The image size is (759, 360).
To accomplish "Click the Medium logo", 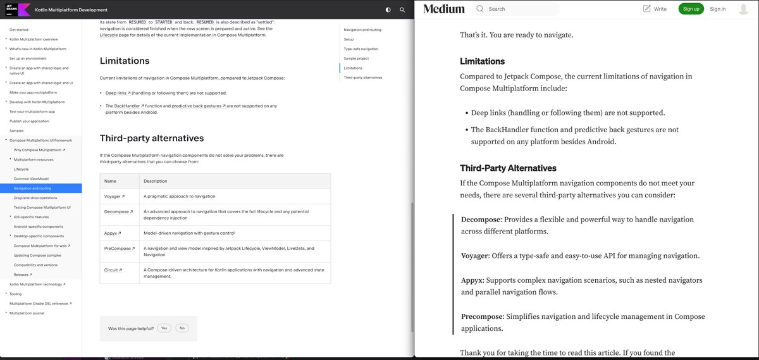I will (443, 9).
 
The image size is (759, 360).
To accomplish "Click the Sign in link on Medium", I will (717, 9).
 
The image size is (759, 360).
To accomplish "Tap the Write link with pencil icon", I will (655, 9).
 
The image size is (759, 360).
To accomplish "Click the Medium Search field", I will (522, 9).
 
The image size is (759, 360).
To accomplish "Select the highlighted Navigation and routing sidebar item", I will (33, 188).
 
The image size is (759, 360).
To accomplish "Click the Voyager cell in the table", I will (114, 196).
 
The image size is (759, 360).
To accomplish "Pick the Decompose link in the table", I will (118, 212).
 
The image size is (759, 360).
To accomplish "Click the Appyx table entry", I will (113, 233).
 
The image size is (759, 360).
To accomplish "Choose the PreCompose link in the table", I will (119, 249).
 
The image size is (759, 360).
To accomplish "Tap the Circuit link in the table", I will (113, 270).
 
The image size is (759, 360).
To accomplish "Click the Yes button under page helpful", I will (164, 328).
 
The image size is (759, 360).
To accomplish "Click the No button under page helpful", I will (182, 328).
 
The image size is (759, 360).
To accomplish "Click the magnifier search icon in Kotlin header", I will (402, 10).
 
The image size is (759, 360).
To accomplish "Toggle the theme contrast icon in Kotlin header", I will (388, 10).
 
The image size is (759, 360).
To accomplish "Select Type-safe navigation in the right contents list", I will (361, 49).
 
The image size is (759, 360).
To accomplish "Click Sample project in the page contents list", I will (356, 58).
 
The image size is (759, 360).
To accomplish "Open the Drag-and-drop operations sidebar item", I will (35, 198).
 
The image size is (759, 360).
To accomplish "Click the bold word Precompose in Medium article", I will (482, 316).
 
